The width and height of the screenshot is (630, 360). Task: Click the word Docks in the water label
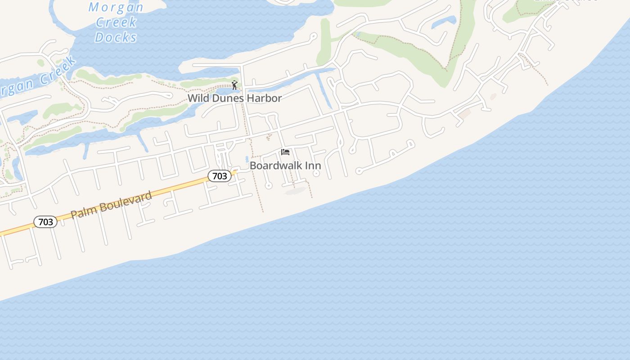(x=116, y=37)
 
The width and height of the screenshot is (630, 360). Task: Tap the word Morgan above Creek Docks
(x=116, y=7)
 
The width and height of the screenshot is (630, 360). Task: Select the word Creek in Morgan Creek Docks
(x=116, y=22)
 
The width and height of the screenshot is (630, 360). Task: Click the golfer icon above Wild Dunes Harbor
(x=234, y=85)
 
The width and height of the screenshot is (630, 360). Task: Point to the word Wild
(x=198, y=98)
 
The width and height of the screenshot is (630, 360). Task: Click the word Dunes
(x=229, y=98)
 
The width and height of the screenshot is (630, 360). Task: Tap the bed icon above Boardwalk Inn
(x=285, y=152)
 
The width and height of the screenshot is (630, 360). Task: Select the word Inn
(x=313, y=166)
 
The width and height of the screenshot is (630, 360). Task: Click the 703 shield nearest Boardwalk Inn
(x=220, y=176)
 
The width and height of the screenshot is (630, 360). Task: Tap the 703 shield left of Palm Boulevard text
(x=45, y=222)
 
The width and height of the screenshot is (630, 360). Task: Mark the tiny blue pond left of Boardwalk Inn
(x=247, y=159)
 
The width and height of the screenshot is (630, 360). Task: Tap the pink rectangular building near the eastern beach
(x=464, y=114)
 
